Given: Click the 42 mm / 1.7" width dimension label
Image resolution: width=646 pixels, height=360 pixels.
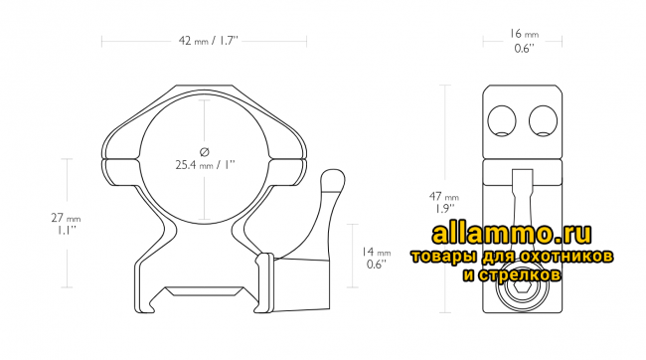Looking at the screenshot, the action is coord(208,41).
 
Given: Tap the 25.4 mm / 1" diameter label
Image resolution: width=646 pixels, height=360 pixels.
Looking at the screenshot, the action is coord(205,165).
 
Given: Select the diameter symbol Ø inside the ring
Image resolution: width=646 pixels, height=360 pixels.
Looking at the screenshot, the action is coord(205,152).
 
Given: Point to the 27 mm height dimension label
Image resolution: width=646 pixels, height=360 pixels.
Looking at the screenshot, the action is coord(66,218).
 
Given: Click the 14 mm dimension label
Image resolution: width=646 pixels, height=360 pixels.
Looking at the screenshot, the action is coord(376,252).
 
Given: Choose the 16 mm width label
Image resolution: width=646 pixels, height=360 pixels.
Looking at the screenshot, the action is coord(524,34).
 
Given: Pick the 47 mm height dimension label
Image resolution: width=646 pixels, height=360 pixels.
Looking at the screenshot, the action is coord(443,196).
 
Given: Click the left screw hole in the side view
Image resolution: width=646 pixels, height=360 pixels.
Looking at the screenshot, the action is coord(501,120).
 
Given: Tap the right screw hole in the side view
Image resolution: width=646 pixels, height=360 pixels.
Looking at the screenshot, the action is coord(543,120).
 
